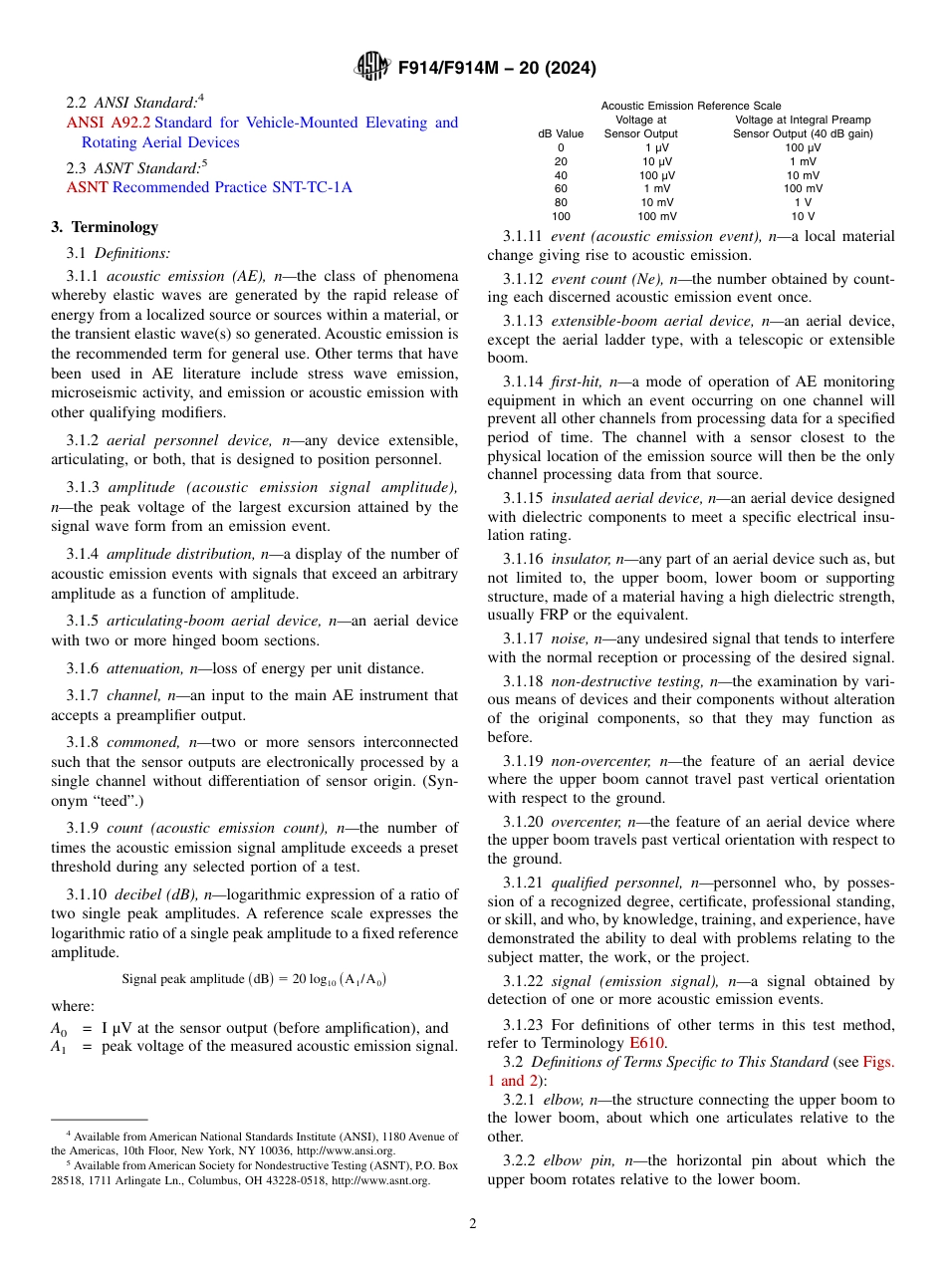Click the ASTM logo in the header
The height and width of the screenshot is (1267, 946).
point(372,68)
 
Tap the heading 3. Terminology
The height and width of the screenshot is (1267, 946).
point(105,227)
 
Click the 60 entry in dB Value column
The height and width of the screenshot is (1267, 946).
point(561,188)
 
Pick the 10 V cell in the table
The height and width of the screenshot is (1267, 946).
point(803,216)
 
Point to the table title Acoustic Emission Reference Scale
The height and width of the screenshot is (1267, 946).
point(690,106)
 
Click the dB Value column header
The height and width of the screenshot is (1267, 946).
point(561,133)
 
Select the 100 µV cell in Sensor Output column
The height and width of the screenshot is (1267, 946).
point(658,174)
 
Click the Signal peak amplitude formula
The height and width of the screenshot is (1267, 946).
point(254,979)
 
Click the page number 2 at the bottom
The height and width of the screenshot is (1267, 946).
point(473,1224)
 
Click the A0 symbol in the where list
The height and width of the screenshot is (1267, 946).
point(59,1029)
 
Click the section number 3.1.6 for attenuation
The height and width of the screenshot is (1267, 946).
point(83,668)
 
